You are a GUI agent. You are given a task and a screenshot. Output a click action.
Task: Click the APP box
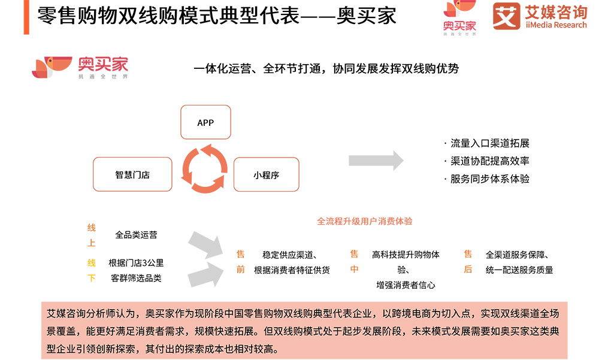(x=205, y=123)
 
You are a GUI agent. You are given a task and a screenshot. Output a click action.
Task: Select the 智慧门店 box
(x=132, y=175)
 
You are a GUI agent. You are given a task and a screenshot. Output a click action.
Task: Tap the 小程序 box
(x=266, y=175)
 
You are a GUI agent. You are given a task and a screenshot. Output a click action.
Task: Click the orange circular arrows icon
(x=205, y=168)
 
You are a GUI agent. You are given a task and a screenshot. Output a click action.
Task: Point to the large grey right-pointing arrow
(x=376, y=161)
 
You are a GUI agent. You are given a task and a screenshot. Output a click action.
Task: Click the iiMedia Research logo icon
(x=506, y=16)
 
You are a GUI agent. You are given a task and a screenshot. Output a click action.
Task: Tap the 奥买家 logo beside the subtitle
(x=80, y=67)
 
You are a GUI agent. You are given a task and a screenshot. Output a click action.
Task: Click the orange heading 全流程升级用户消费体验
(x=365, y=221)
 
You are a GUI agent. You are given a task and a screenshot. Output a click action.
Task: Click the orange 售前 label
(x=240, y=262)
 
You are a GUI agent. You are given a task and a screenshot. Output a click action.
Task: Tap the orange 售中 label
(x=354, y=262)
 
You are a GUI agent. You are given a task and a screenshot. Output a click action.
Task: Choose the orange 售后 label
(x=468, y=262)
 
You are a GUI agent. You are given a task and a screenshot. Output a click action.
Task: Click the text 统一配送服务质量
(x=519, y=270)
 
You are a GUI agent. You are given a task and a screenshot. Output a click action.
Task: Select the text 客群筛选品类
(x=136, y=278)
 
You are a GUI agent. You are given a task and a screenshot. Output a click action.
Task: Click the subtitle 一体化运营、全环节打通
(x=326, y=69)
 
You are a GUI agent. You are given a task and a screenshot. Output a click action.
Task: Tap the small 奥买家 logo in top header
(x=460, y=19)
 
